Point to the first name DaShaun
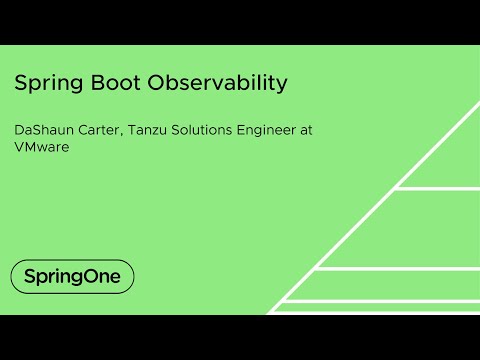(x=42, y=130)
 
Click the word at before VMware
(x=318, y=130)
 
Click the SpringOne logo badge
(x=72, y=276)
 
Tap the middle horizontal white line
(x=400, y=268)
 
